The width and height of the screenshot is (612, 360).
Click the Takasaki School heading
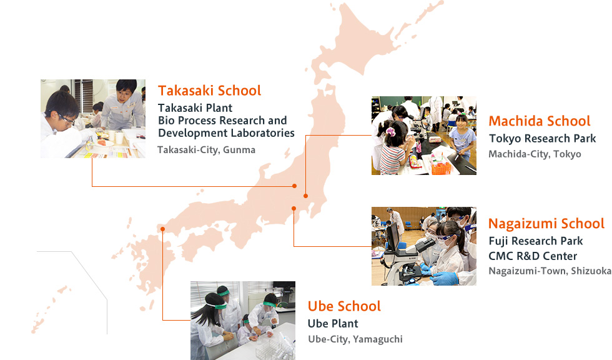point(209,91)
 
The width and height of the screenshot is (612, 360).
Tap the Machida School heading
point(540,121)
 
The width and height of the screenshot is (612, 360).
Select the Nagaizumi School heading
point(546,224)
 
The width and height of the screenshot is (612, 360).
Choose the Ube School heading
point(344,306)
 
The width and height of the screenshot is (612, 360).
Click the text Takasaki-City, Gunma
point(207,150)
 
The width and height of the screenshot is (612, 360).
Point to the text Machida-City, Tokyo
point(535,154)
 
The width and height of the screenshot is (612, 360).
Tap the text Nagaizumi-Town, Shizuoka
point(550,271)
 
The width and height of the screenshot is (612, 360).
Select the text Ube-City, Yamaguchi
point(355,339)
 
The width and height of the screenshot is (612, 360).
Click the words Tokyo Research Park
point(543,139)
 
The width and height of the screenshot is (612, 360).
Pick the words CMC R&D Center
point(533,256)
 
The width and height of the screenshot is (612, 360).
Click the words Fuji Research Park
point(536,241)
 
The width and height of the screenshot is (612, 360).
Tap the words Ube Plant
point(333,324)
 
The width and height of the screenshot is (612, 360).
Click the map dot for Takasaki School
point(295,186)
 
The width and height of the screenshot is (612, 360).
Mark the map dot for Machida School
point(305,196)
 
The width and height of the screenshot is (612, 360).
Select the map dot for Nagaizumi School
point(294,209)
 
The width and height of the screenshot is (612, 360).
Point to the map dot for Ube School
point(163,229)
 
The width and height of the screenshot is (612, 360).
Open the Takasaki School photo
point(93,119)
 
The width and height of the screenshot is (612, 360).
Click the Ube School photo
point(243,321)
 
